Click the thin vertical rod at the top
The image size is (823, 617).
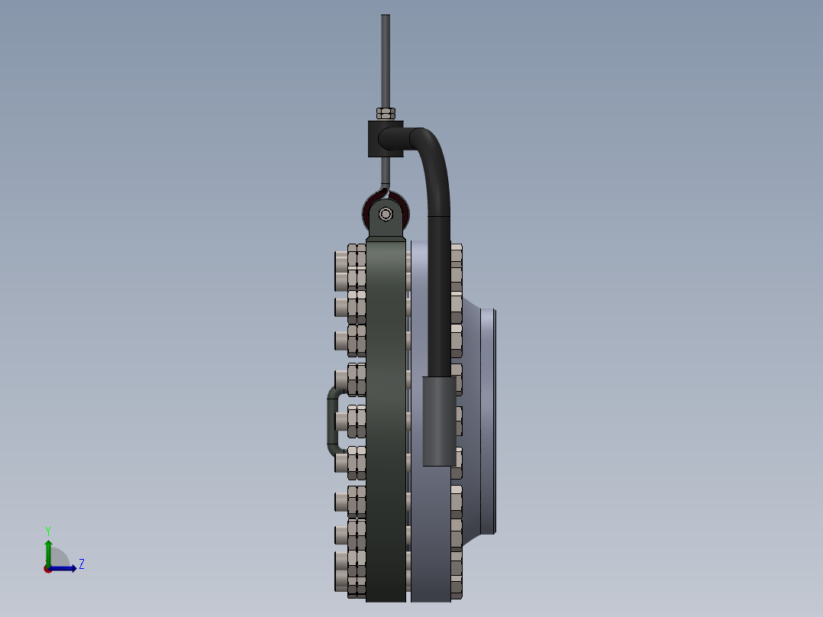[386, 61]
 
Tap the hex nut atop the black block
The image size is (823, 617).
[386, 114]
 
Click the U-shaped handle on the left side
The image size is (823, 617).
[332, 420]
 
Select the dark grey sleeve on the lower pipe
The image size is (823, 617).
[440, 420]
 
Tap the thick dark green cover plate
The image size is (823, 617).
[386, 420]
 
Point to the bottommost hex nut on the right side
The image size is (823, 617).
[457, 588]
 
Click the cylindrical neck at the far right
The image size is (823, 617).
[489, 420]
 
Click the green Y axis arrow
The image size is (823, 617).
[48, 551]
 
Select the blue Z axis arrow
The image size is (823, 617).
[66, 568]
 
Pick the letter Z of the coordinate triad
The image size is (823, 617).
[82, 564]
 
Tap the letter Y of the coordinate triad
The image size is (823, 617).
[47, 531]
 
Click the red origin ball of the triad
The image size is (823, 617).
[48, 569]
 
